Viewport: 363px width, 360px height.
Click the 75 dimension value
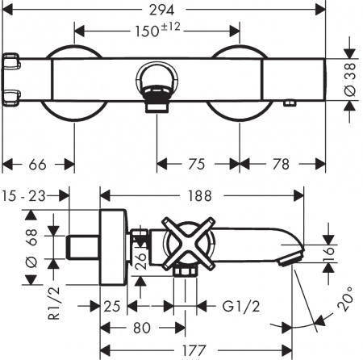[198, 165]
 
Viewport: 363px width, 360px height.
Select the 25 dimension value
[113, 307]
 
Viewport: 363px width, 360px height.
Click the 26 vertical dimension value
[140, 257]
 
